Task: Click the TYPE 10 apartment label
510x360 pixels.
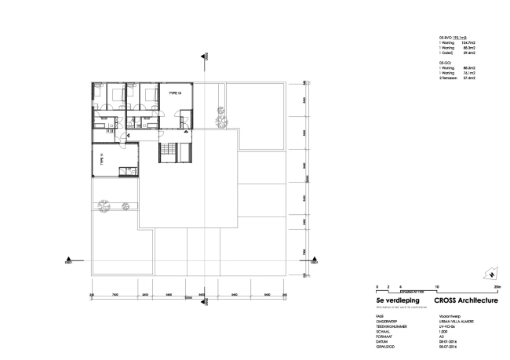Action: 173,92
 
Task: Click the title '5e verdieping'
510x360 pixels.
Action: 394,300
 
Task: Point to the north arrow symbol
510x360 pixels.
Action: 490,275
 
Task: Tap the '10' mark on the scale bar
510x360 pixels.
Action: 436,286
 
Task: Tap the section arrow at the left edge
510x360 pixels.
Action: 71,260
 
